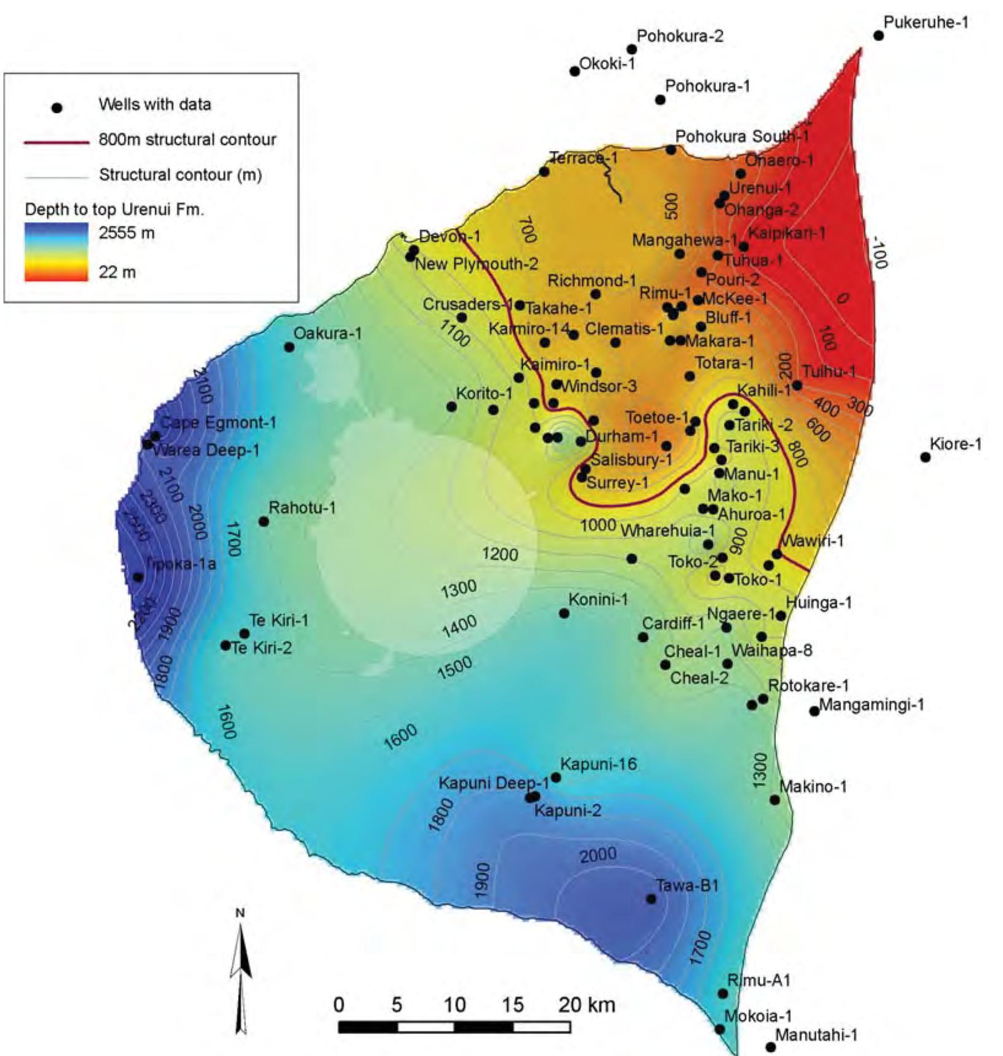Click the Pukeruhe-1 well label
[926, 23]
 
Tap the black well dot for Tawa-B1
[651, 899]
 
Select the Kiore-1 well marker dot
[925, 457]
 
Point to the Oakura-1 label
[328, 333]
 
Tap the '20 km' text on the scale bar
[586, 1005]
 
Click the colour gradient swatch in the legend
[56, 252]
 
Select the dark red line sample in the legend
[56, 142]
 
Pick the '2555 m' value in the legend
[126, 233]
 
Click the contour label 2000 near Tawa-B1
[598, 855]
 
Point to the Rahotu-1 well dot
[264, 522]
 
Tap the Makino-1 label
[813, 786]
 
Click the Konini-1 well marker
[564, 613]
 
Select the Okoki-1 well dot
[575, 71]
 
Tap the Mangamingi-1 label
[871, 704]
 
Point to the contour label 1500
[455, 668]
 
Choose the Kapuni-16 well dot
[556, 777]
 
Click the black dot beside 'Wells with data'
[56, 108]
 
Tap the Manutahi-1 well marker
[771, 1047]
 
